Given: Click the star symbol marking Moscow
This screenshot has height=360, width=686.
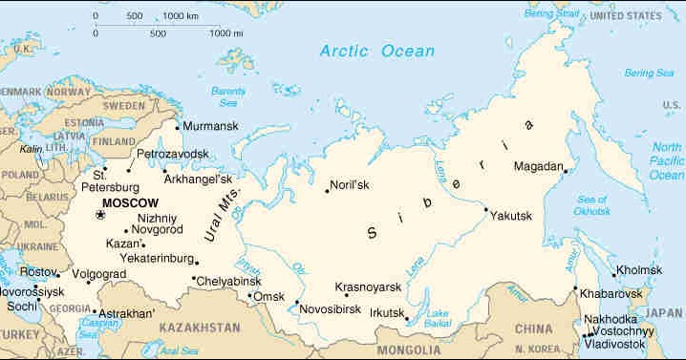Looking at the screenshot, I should (x=100, y=217).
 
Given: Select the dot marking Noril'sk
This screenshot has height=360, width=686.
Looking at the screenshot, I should (x=327, y=190).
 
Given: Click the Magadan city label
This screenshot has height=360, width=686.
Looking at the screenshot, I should (x=538, y=166).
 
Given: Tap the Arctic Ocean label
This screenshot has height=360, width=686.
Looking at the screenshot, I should (x=376, y=51).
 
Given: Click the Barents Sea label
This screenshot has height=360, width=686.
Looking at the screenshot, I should (x=228, y=95).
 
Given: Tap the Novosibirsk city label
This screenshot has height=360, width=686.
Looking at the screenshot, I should (x=329, y=309).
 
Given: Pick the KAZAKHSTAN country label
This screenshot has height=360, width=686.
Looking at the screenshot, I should (x=201, y=328).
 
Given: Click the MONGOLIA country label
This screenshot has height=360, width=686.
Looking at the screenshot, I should (x=410, y=350).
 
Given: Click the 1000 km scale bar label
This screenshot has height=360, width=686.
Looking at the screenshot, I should (x=181, y=16).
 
